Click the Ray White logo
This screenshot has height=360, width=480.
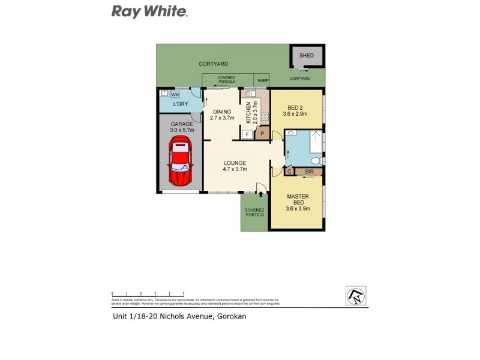[x=150, y=11]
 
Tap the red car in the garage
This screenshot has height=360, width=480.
[x=181, y=161]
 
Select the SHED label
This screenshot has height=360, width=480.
[x=307, y=56]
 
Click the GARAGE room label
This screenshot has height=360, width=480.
[x=181, y=124]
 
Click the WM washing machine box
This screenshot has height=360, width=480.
[x=175, y=94]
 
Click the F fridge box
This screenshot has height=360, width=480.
[x=248, y=134]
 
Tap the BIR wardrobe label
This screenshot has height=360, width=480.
[x=309, y=172]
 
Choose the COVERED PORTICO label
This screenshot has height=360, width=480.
[x=254, y=212]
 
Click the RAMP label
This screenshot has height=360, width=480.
[x=262, y=80]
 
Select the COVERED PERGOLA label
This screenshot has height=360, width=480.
[x=226, y=79]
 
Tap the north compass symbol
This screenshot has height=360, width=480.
[x=355, y=295]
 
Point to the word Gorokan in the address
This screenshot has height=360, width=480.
[x=230, y=316]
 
